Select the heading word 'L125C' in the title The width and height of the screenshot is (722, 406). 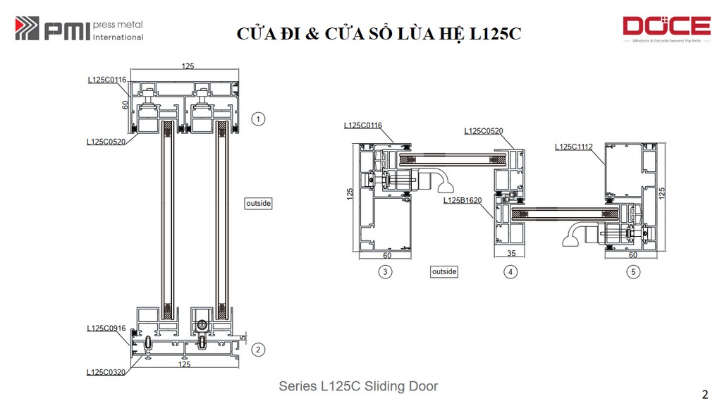pyautogui.click(x=493, y=34)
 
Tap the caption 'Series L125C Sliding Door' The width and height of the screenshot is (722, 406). pyautogui.click(x=358, y=386)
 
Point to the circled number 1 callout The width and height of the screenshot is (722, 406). pyautogui.click(x=259, y=118)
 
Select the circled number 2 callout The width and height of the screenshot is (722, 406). pyautogui.click(x=259, y=350)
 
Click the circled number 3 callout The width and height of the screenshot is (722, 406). pyautogui.click(x=385, y=271)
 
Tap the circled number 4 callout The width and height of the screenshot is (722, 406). pyautogui.click(x=510, y=271)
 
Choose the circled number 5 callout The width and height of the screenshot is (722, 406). pyautogui.click(x=633, y=271)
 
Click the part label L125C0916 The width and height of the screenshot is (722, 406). pyautogui.click(x=106, y=328)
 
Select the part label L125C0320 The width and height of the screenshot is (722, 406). pyautogui.click(x=106, y=372)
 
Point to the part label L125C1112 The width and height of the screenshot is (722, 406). pyautogui.click(x=574, y=147)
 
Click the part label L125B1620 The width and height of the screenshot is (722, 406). pyautogui.click(x=463, y=200)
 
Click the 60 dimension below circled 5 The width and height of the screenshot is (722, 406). pyautogui.click(x=633, y=255)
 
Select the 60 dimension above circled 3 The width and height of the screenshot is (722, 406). pyautogui.click(x=387, y=255)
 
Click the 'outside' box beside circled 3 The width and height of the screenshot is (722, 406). pyautogui.click(x=444, y=271)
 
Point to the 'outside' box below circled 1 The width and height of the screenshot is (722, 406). pyautogui.click(x=258, y=203)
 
